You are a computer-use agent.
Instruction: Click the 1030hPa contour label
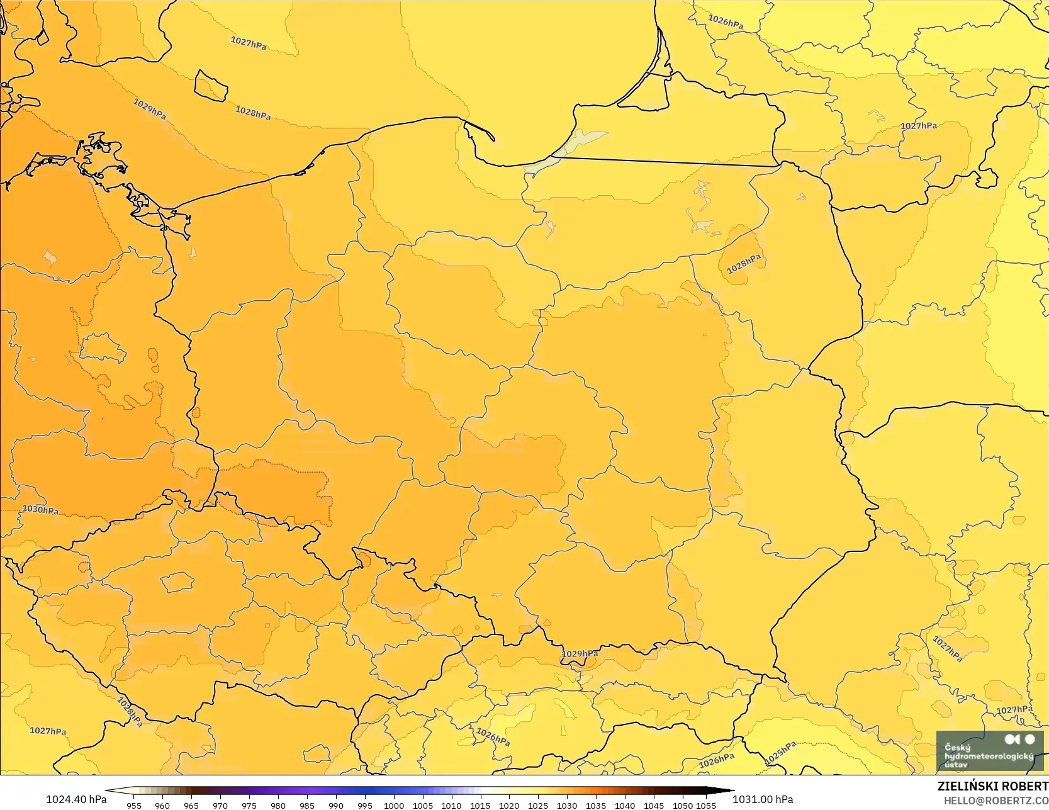(40, 509)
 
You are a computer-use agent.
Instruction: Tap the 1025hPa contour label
(780, 753)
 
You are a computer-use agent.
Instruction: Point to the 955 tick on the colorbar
(134, 805)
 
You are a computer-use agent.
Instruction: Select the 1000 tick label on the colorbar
(394, 805)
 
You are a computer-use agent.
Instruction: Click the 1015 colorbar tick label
(480, 805)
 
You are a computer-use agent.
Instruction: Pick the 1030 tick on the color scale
(567, 805)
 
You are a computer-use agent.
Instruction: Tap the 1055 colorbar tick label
(706, 805)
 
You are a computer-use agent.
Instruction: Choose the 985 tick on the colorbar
(307, 805)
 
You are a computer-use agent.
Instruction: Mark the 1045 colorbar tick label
(654, 805)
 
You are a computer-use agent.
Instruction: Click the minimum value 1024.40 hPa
(76, 799)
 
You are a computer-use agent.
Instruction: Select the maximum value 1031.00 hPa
(763, 799)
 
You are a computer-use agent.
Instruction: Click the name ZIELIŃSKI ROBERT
(992, 786)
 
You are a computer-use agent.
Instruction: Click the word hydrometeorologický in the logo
(988, 756)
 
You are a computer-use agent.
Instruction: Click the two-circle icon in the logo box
(1020, 739)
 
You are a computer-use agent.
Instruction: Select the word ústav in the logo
(956, 765)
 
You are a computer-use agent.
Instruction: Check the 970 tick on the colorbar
(220, 805)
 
